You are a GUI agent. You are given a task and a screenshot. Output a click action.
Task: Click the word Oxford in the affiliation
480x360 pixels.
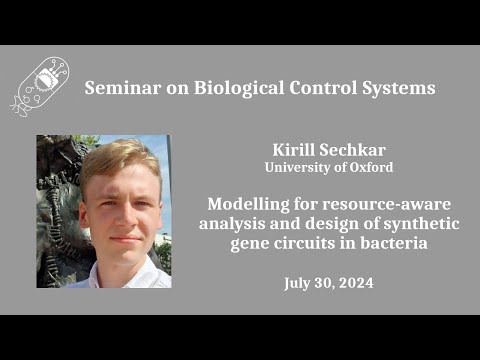pos(369,167)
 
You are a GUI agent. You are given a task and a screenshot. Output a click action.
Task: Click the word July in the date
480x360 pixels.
pos(297,283)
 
